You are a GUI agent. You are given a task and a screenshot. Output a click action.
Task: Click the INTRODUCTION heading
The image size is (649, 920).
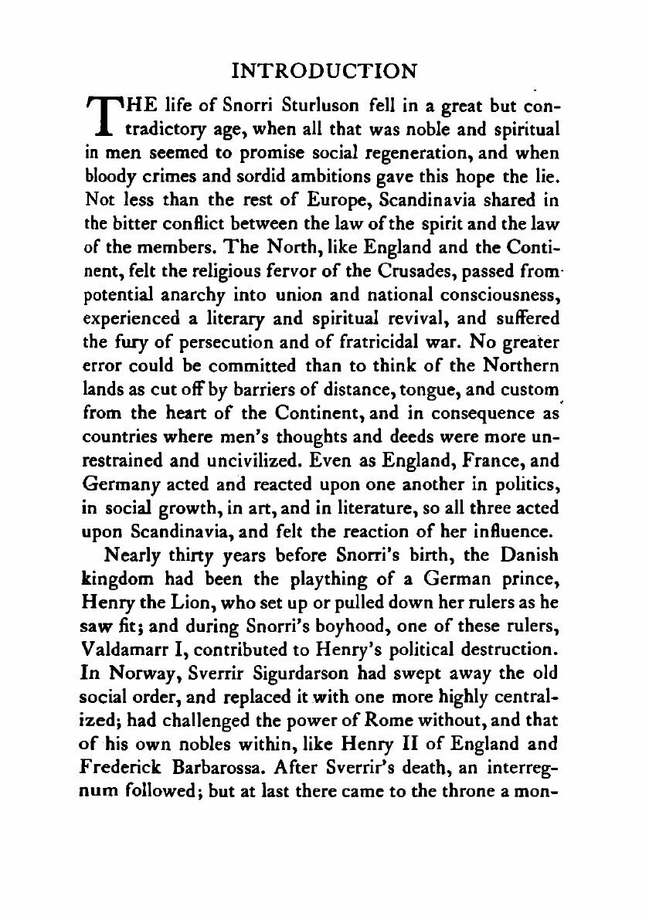click(x=324, y=71)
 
